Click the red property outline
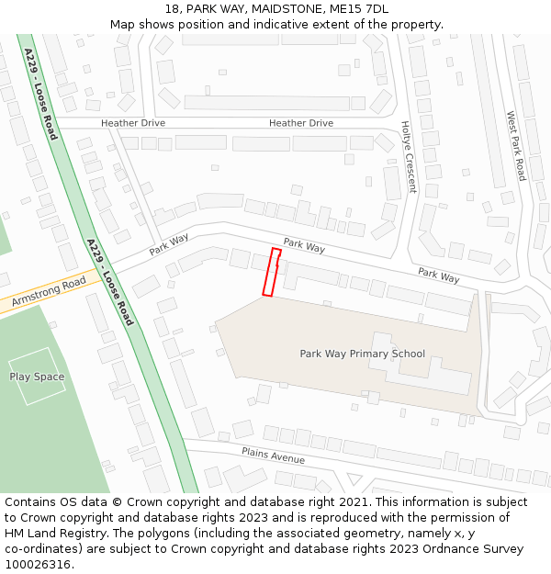click(271, 272)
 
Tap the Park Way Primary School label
click(362, 354)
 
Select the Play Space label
click(37, 377)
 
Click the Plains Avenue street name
click(273, 455)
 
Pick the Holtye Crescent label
click(409, 157)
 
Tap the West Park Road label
click(516, 146)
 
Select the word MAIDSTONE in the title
click(280, 9)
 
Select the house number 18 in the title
click(172, 9)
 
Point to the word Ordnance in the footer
click(440, 549)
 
